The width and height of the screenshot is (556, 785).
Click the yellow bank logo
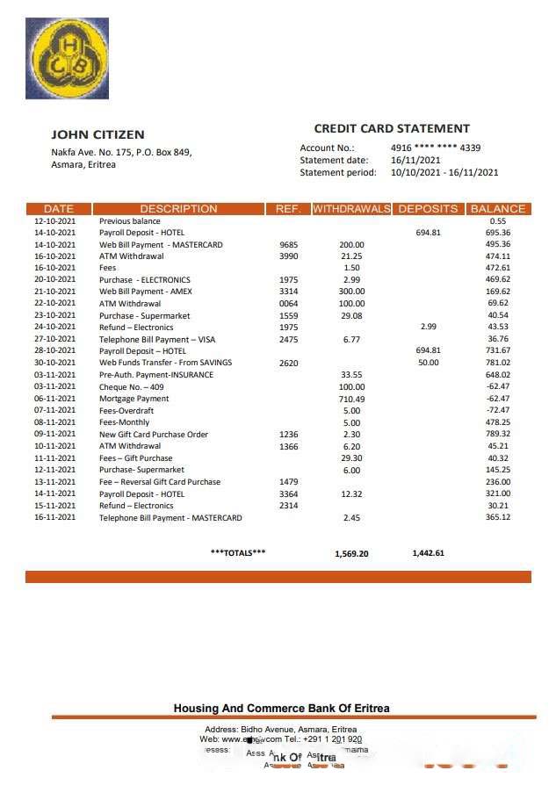[x=67, y=58]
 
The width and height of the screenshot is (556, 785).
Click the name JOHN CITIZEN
[x=97, y=134]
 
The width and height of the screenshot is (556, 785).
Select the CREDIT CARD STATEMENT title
[x=392, y=128]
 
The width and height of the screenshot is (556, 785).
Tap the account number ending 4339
[x=435, y=148]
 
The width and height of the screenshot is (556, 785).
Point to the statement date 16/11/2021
[x=415, y=160]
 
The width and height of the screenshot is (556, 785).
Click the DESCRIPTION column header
[x=178, y=209]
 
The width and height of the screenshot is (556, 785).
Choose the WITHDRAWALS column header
[x=351, y=209]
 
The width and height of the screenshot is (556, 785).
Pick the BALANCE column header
[x=498, y=209]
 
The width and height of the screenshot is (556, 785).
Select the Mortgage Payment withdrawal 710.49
[x=351, y=399]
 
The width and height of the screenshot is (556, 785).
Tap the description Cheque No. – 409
[x=132, y=387]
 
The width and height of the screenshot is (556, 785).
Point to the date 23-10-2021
[x=55, y=316]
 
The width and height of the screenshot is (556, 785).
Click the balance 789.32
[x=498, y=435]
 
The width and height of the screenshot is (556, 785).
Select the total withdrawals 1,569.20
[x=351, y=554]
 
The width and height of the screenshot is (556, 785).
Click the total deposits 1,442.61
[x=428, y=554]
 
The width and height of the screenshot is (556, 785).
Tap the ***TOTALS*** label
[x=238, y=553]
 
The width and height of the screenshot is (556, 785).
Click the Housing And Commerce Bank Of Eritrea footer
[x=281, y=709]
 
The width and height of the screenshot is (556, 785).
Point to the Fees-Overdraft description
[x=126, y=411]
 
